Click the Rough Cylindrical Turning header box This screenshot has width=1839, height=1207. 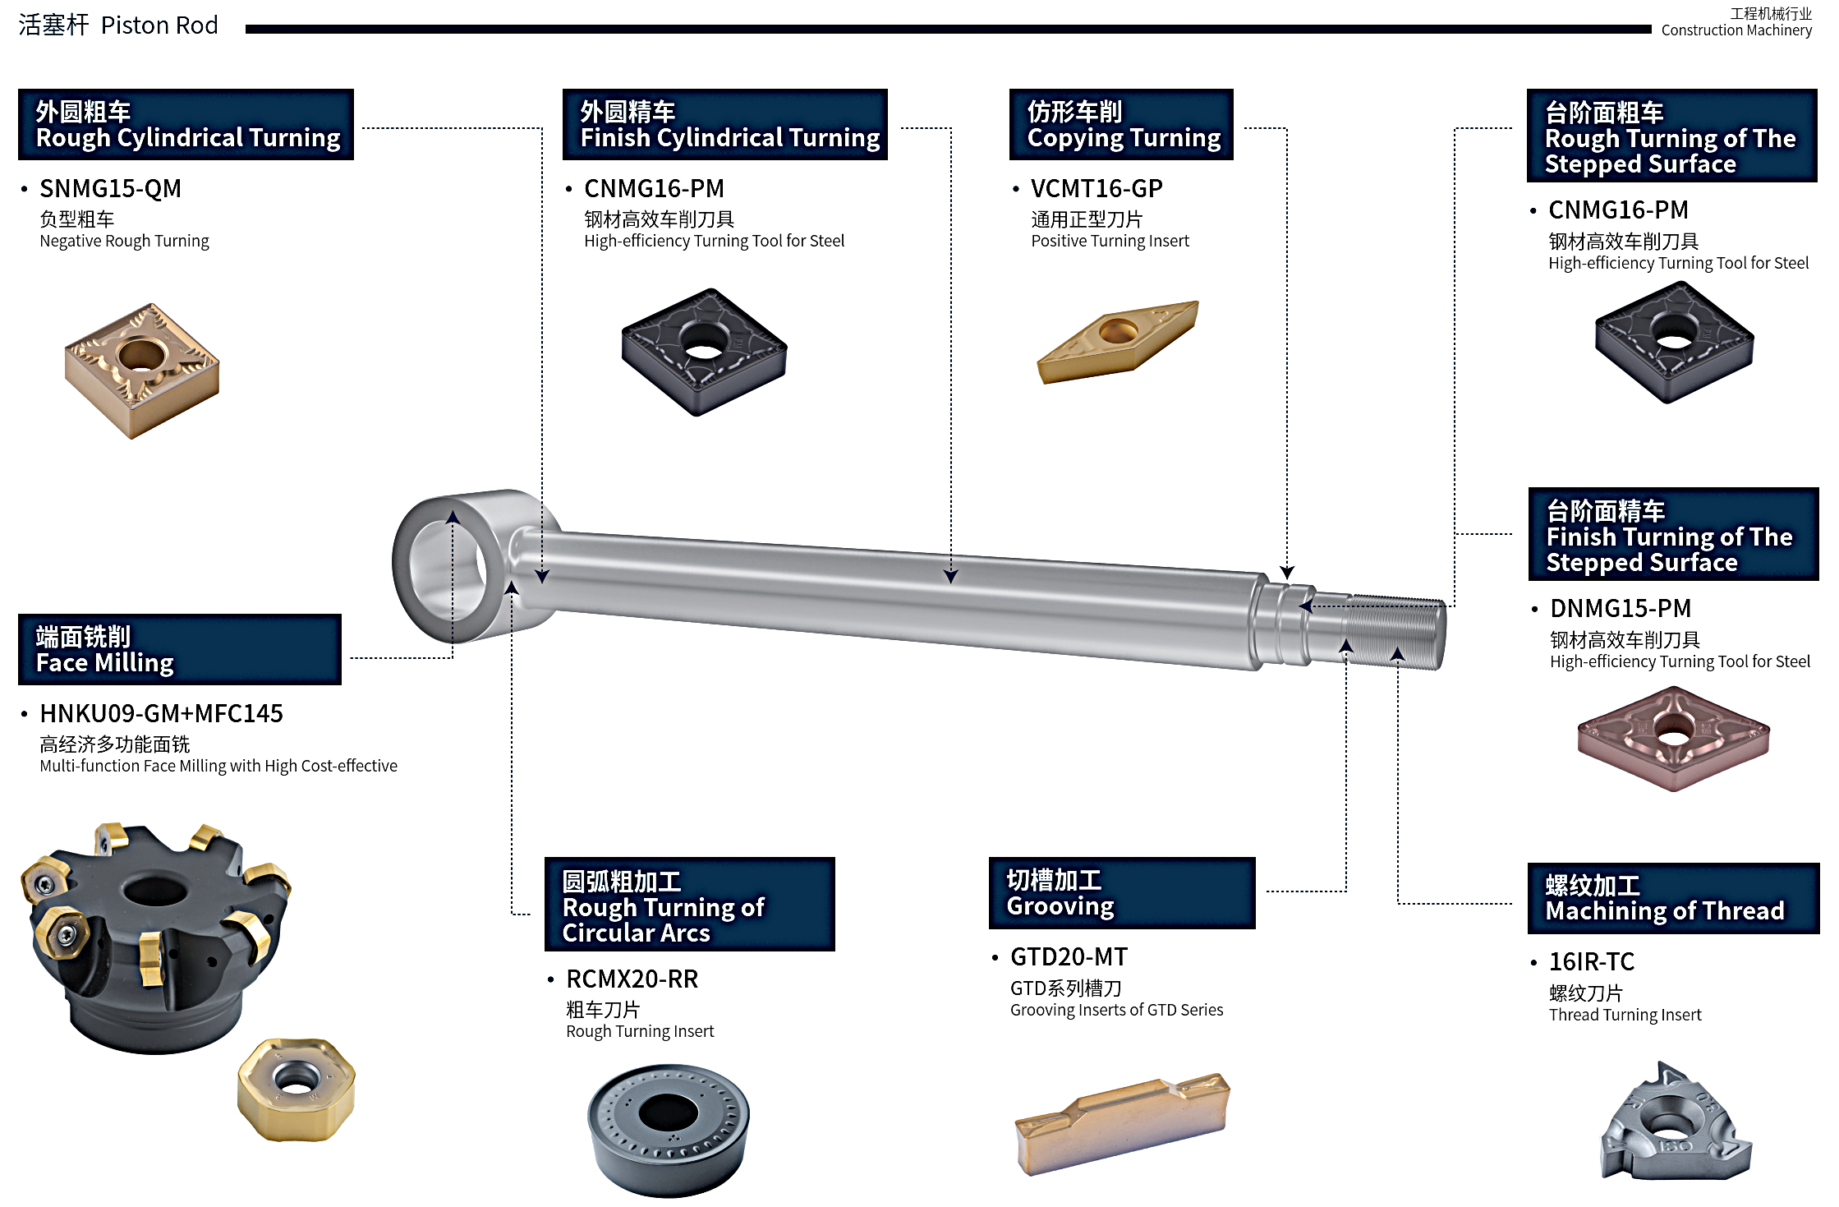(186, 124)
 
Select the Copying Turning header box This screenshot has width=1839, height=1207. (1121, 124)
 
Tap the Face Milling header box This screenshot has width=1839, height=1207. (180, 649)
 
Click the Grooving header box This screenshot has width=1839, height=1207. (1122, 893)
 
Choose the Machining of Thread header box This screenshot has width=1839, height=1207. (1673, 898)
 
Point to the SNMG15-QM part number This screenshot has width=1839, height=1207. (111, 188)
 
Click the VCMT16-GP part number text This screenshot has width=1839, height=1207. (1097, 188)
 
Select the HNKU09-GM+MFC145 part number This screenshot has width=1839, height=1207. (161, 713)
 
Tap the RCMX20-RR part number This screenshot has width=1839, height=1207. (632, 979)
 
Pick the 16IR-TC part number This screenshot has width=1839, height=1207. (1592, 961)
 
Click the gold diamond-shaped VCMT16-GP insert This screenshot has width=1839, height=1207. (1118, 341)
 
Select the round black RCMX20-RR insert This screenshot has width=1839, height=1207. (669, 1131)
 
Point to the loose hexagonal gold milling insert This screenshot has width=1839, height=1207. (297, 1089)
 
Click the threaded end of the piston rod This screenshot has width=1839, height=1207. (1396, 631)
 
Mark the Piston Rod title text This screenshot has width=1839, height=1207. (159, 25)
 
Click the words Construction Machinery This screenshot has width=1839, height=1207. (1736, 30)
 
